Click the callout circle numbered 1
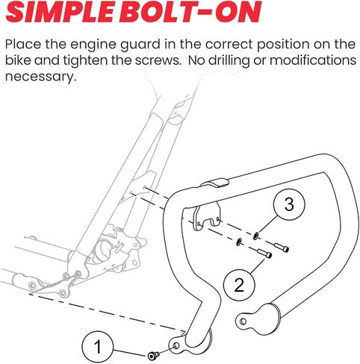[x=98, y=346]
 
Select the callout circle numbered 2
[x=239, y=285]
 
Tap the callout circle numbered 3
[x=289, y=204]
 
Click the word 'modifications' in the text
[x=313, y=60]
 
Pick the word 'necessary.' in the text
[x=40, y=77]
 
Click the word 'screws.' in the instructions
[x=158, y=61]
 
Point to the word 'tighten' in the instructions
[x=85, y=61]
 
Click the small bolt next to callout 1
[x=152, y=356]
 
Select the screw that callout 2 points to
[x=265, y=254]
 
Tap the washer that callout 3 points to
[x=255, y=235]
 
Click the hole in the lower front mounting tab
[x=176, y=345]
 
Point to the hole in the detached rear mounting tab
[x=243, y=321]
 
